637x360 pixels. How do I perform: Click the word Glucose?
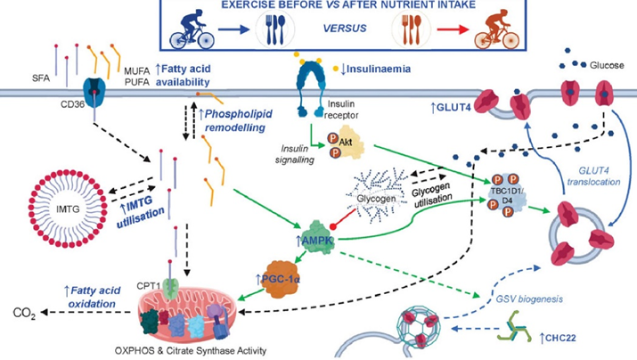coord(606,64)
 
